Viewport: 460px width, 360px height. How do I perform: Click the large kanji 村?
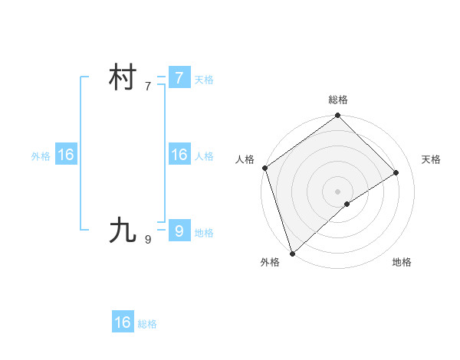(x=123, y=78)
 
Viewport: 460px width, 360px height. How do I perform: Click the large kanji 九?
(x=123, y=230)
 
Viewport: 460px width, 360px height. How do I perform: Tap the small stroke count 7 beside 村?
(x=147, y=87)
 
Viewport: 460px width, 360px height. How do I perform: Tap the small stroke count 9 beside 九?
(x=147, y=239)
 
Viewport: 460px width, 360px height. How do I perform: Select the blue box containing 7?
(x=179, y=78)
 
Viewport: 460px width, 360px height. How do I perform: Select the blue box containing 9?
(x=179, y=230)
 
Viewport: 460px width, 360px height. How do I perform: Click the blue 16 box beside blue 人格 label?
(x=179, y=155)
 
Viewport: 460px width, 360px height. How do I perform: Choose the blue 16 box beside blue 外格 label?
(x=65, y=155)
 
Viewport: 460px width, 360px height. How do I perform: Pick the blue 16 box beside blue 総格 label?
(x=123, y=322)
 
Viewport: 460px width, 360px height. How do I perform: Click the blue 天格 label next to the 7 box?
(x=204, y=80)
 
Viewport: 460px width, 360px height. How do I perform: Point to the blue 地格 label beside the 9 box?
(x=204, y=233)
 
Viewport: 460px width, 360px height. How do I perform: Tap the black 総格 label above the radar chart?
(x=338, y=100)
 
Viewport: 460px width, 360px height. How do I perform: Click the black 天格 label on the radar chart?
(x=431, y=159)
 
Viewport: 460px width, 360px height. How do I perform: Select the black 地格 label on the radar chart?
(x=402, y=262)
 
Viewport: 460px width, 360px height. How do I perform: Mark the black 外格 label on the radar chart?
(x=270, y=262)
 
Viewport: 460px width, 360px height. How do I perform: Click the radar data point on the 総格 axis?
(x=338, y=116)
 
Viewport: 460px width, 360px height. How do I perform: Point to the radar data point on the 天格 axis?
(x=396, y=172)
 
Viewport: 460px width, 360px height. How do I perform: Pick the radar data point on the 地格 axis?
(x=347, y=204)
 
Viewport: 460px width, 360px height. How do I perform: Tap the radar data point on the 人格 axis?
(x=264, y=168)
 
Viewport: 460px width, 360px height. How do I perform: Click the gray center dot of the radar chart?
(x=338, y=191)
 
